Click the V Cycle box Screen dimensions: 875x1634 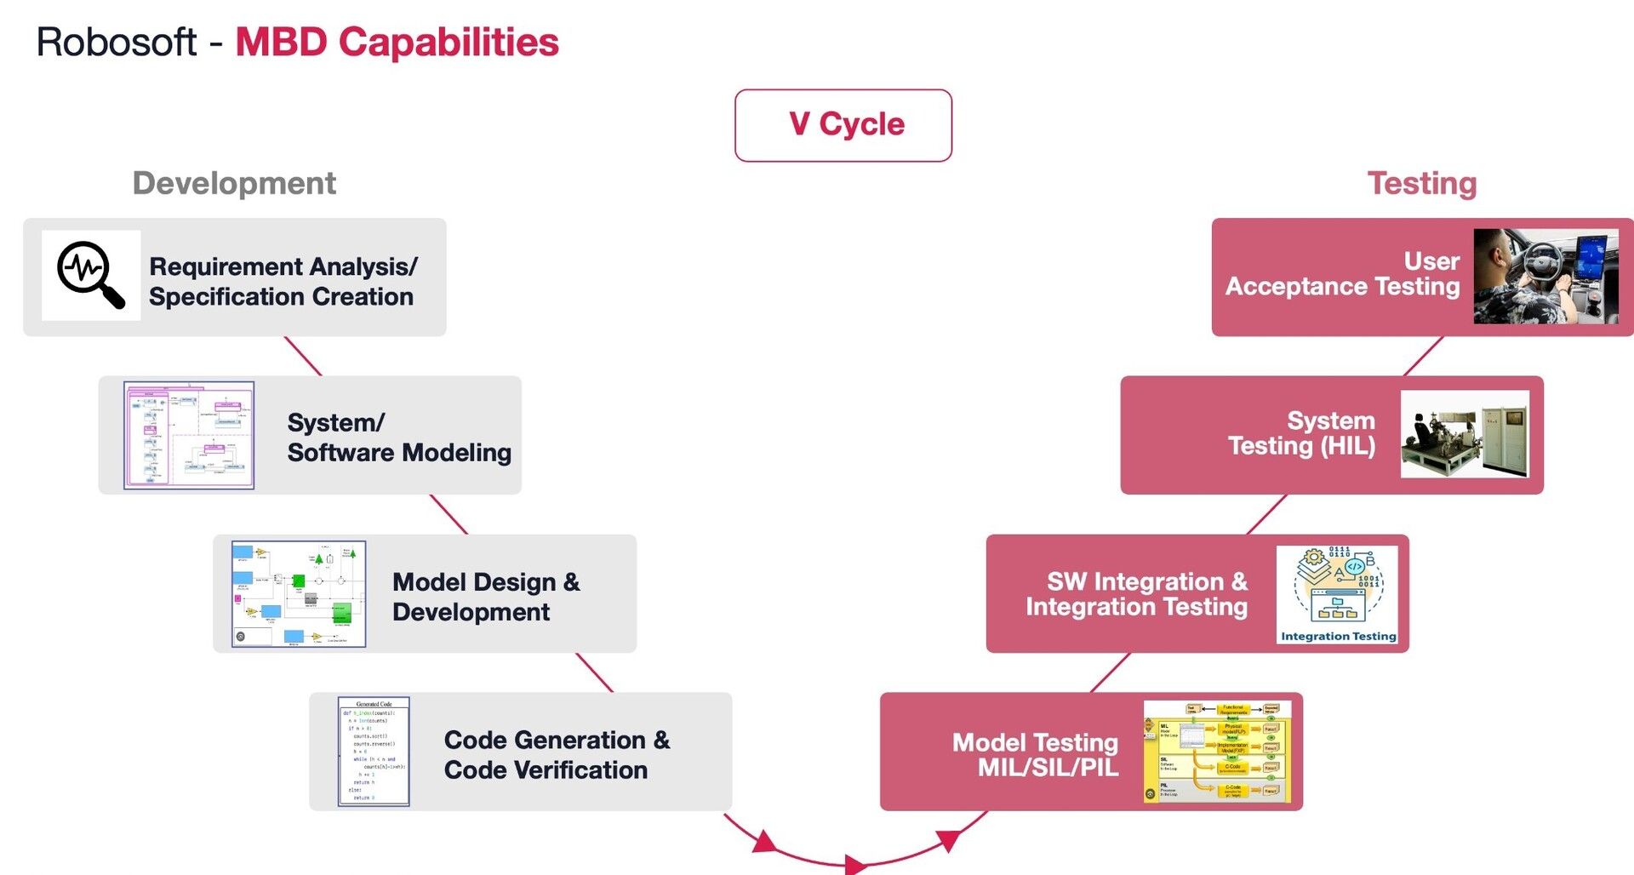[x=843, y=125]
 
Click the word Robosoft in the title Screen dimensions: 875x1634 [x=117, y=43]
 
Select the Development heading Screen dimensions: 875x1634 [x=234, y=183]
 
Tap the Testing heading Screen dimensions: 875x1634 [x=1421, y=183]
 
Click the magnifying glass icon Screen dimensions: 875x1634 [x=90, y=275]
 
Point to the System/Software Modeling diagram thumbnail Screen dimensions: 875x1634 [x=189, y=435]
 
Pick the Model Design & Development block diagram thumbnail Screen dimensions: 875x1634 [x=299, y=593]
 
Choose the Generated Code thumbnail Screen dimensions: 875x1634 [x=374, y=751]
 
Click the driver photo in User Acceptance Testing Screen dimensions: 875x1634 [x=1545, y=276]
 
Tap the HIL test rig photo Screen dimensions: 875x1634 [x=1464, y=433]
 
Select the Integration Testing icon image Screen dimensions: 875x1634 [x=1337, y=593]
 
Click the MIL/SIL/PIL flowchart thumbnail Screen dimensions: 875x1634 [x=1217, y=752]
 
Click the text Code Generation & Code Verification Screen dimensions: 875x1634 [x=557, y=754]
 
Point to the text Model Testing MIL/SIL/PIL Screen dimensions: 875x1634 [x=1036, y=754]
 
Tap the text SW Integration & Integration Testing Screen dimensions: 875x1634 [x=1136, y=593]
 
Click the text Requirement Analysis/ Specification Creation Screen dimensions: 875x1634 [x=283, y=281]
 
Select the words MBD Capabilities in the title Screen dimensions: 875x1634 [x=397, y=43]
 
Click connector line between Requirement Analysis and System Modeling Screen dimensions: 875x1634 [x=303, y=356]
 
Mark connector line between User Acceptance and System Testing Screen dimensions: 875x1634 [x=1423, y=356]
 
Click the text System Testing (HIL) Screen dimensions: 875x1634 [x=1301, y=432]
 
